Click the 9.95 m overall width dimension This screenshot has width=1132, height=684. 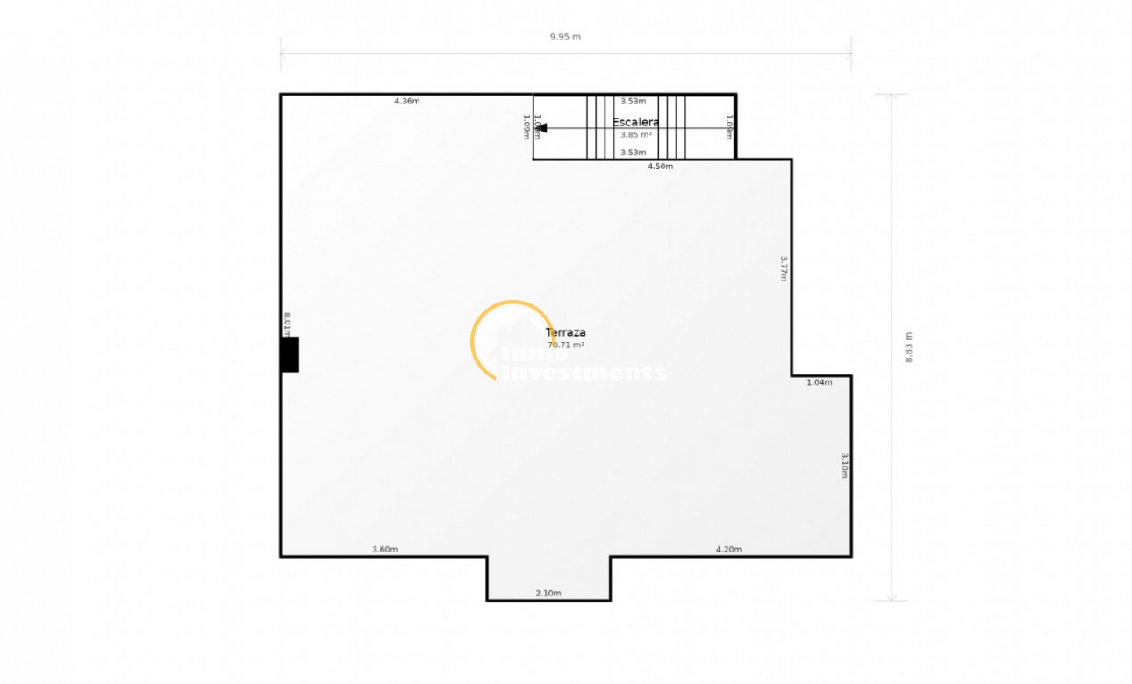point(565,37)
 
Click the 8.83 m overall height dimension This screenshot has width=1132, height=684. point(909,347)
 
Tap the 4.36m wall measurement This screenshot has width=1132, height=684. point(406,102)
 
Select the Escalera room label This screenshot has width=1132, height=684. point(635,123)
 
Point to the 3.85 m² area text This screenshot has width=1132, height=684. point(635,135)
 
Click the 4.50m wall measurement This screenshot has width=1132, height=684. point(660,167)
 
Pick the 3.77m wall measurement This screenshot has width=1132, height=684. point(784,268)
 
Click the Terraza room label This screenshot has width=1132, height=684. point(565,333)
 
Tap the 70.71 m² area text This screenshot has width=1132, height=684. point(565,346)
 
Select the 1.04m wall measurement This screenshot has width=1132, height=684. point(819,382)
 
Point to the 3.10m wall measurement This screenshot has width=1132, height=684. point(843,466)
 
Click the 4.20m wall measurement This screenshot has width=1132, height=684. point(728,550)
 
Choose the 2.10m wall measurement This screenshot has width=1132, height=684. point(548,594)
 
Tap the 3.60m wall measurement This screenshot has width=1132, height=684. point(384,550)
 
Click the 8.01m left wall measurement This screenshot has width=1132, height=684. point(287,324)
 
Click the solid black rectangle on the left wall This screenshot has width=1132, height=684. point(290,354)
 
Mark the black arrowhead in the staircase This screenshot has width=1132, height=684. point(541,128)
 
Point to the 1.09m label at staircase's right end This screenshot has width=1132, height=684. point(728,128)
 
